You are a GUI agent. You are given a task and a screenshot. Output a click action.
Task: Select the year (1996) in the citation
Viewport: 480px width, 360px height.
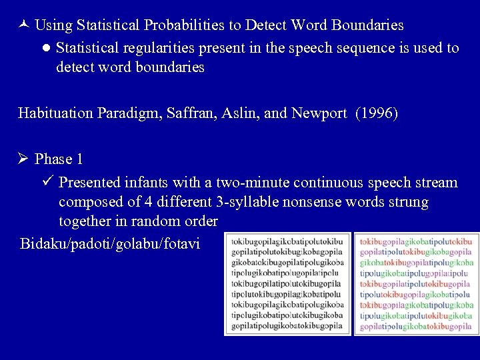click(377, 113)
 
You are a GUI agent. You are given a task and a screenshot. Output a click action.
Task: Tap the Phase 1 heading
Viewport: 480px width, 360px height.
click(59, 159)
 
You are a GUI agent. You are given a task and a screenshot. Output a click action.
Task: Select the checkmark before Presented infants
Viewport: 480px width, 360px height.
click(46, 182)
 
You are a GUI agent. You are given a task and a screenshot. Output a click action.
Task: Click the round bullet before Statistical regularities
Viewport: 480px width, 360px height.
click(45, 48)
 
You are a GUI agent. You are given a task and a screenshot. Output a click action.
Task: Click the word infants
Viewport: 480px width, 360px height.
click(145, 182)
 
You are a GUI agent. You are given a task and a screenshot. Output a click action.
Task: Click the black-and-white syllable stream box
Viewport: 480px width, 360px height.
click(287, 283)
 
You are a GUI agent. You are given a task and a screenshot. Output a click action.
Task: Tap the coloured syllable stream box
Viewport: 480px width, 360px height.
click(416, 283)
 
